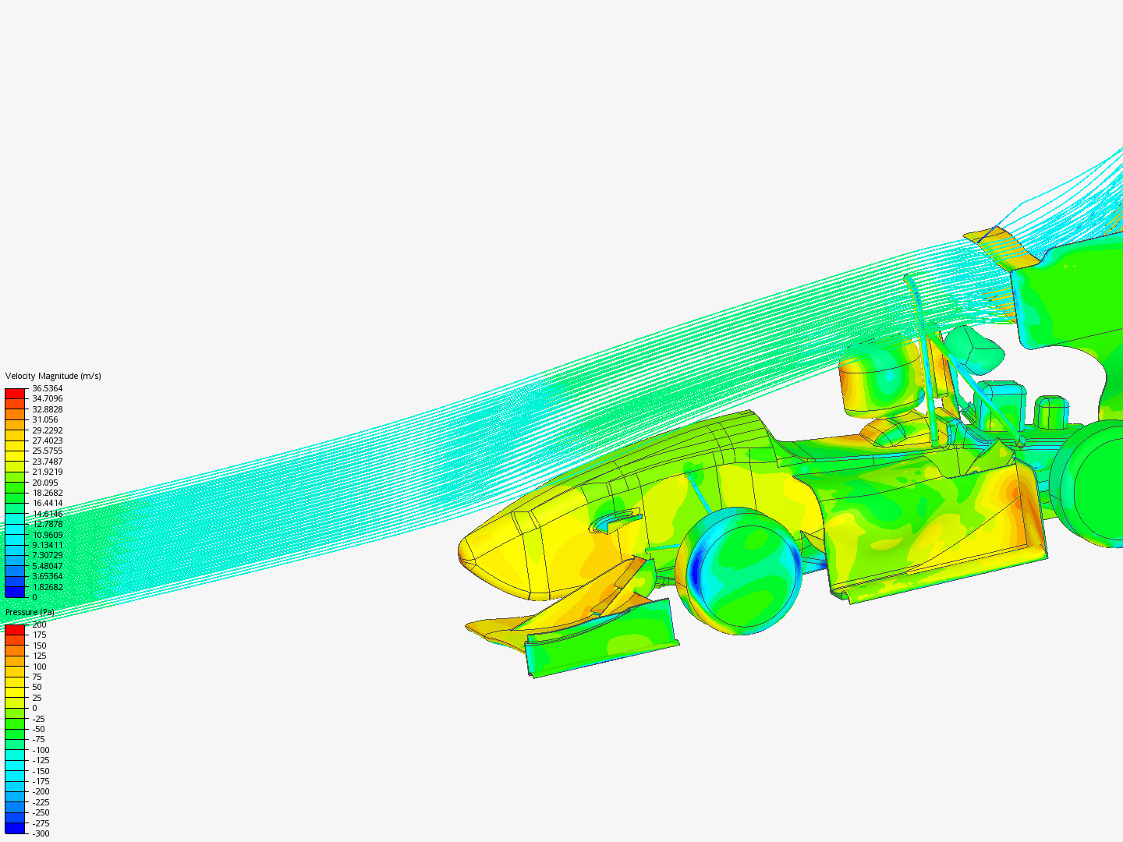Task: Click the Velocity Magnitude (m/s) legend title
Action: pyautogui.click(x=53, y=376)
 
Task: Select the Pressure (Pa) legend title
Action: pyautogui.click(x=30, y=612)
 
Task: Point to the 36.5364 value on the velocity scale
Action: pyautogui.click(x=47, y=388)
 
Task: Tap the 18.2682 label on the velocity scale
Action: pyautogui.click(x=48, y=493)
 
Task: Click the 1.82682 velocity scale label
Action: pyautogui.click(x=48, y=587)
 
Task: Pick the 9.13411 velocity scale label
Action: pyautogui.click(x=48, y=545)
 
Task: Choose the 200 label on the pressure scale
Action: pyautogui.click(x=40, y=624)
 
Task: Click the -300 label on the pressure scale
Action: pyautogui.click(x=41, y=834)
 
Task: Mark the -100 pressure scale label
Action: pyautogui.click(x=41, y=750)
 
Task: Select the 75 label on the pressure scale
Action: pyautogui.click(x=37, y=677)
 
